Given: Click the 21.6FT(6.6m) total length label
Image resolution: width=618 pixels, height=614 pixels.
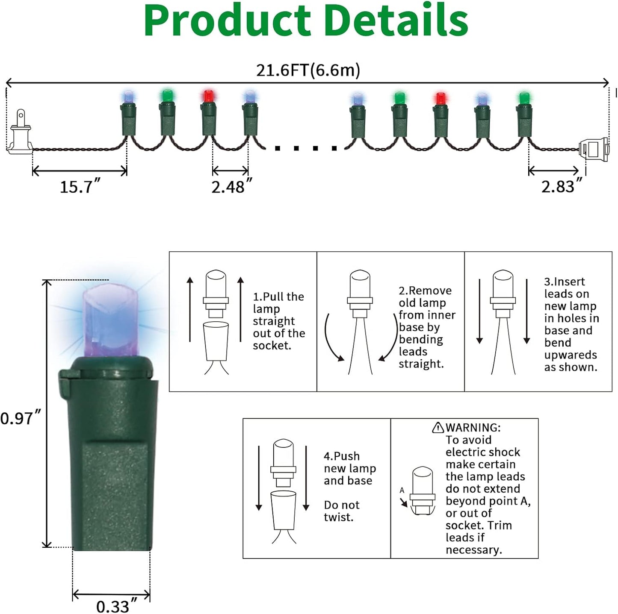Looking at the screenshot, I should (308, 70).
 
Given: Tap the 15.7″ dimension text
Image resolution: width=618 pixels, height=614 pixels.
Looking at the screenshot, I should (80, 187).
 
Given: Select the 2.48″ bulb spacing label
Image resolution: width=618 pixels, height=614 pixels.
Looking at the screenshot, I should (231, 187).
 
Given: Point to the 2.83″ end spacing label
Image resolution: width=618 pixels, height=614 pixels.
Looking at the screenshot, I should (561, 187).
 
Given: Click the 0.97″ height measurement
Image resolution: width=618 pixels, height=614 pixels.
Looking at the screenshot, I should (20, 418).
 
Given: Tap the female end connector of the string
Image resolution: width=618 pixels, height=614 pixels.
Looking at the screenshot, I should (594, 150).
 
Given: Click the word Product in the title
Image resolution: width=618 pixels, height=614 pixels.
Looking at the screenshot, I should (227, 21).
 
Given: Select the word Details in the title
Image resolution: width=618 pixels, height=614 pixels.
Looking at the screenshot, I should (396, 21).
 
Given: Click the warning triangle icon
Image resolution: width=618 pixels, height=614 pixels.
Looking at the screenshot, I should (438, 427).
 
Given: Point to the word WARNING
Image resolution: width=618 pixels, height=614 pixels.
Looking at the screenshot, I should (473, 428).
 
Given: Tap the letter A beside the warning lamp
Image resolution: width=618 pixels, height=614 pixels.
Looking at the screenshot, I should (402, 490).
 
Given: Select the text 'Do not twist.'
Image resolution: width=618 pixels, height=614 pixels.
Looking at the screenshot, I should (341, 511).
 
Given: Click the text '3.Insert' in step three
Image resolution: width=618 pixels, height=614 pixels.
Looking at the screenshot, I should (564, 282).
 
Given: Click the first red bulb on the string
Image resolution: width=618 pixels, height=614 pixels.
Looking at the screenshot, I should (208, 97).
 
